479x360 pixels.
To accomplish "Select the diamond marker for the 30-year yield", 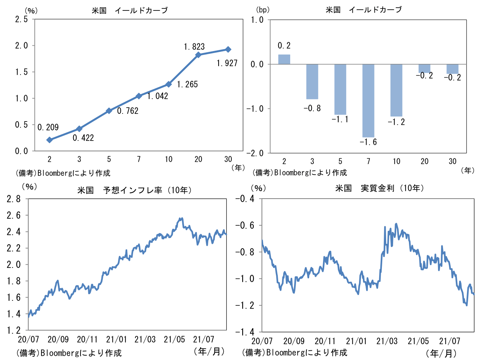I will tap(228, 49).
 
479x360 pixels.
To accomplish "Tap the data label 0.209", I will tap(48, 127).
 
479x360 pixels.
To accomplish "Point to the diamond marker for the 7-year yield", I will tap(139, 96).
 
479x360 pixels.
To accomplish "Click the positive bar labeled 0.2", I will tap(284, 59).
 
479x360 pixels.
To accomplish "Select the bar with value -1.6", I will tap(368, 101).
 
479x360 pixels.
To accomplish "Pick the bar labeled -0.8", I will tap(312, 82).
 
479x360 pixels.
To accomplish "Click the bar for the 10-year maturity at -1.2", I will tap(396, 90).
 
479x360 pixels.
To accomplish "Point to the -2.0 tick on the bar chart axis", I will tap(255, 153).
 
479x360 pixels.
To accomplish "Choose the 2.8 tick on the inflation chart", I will tap(14, 199).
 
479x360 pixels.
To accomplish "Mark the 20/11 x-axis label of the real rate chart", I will tap(325, 341).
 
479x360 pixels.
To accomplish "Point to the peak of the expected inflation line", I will tap(181, 218).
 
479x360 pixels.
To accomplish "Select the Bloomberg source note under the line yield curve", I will tap(66, 173).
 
